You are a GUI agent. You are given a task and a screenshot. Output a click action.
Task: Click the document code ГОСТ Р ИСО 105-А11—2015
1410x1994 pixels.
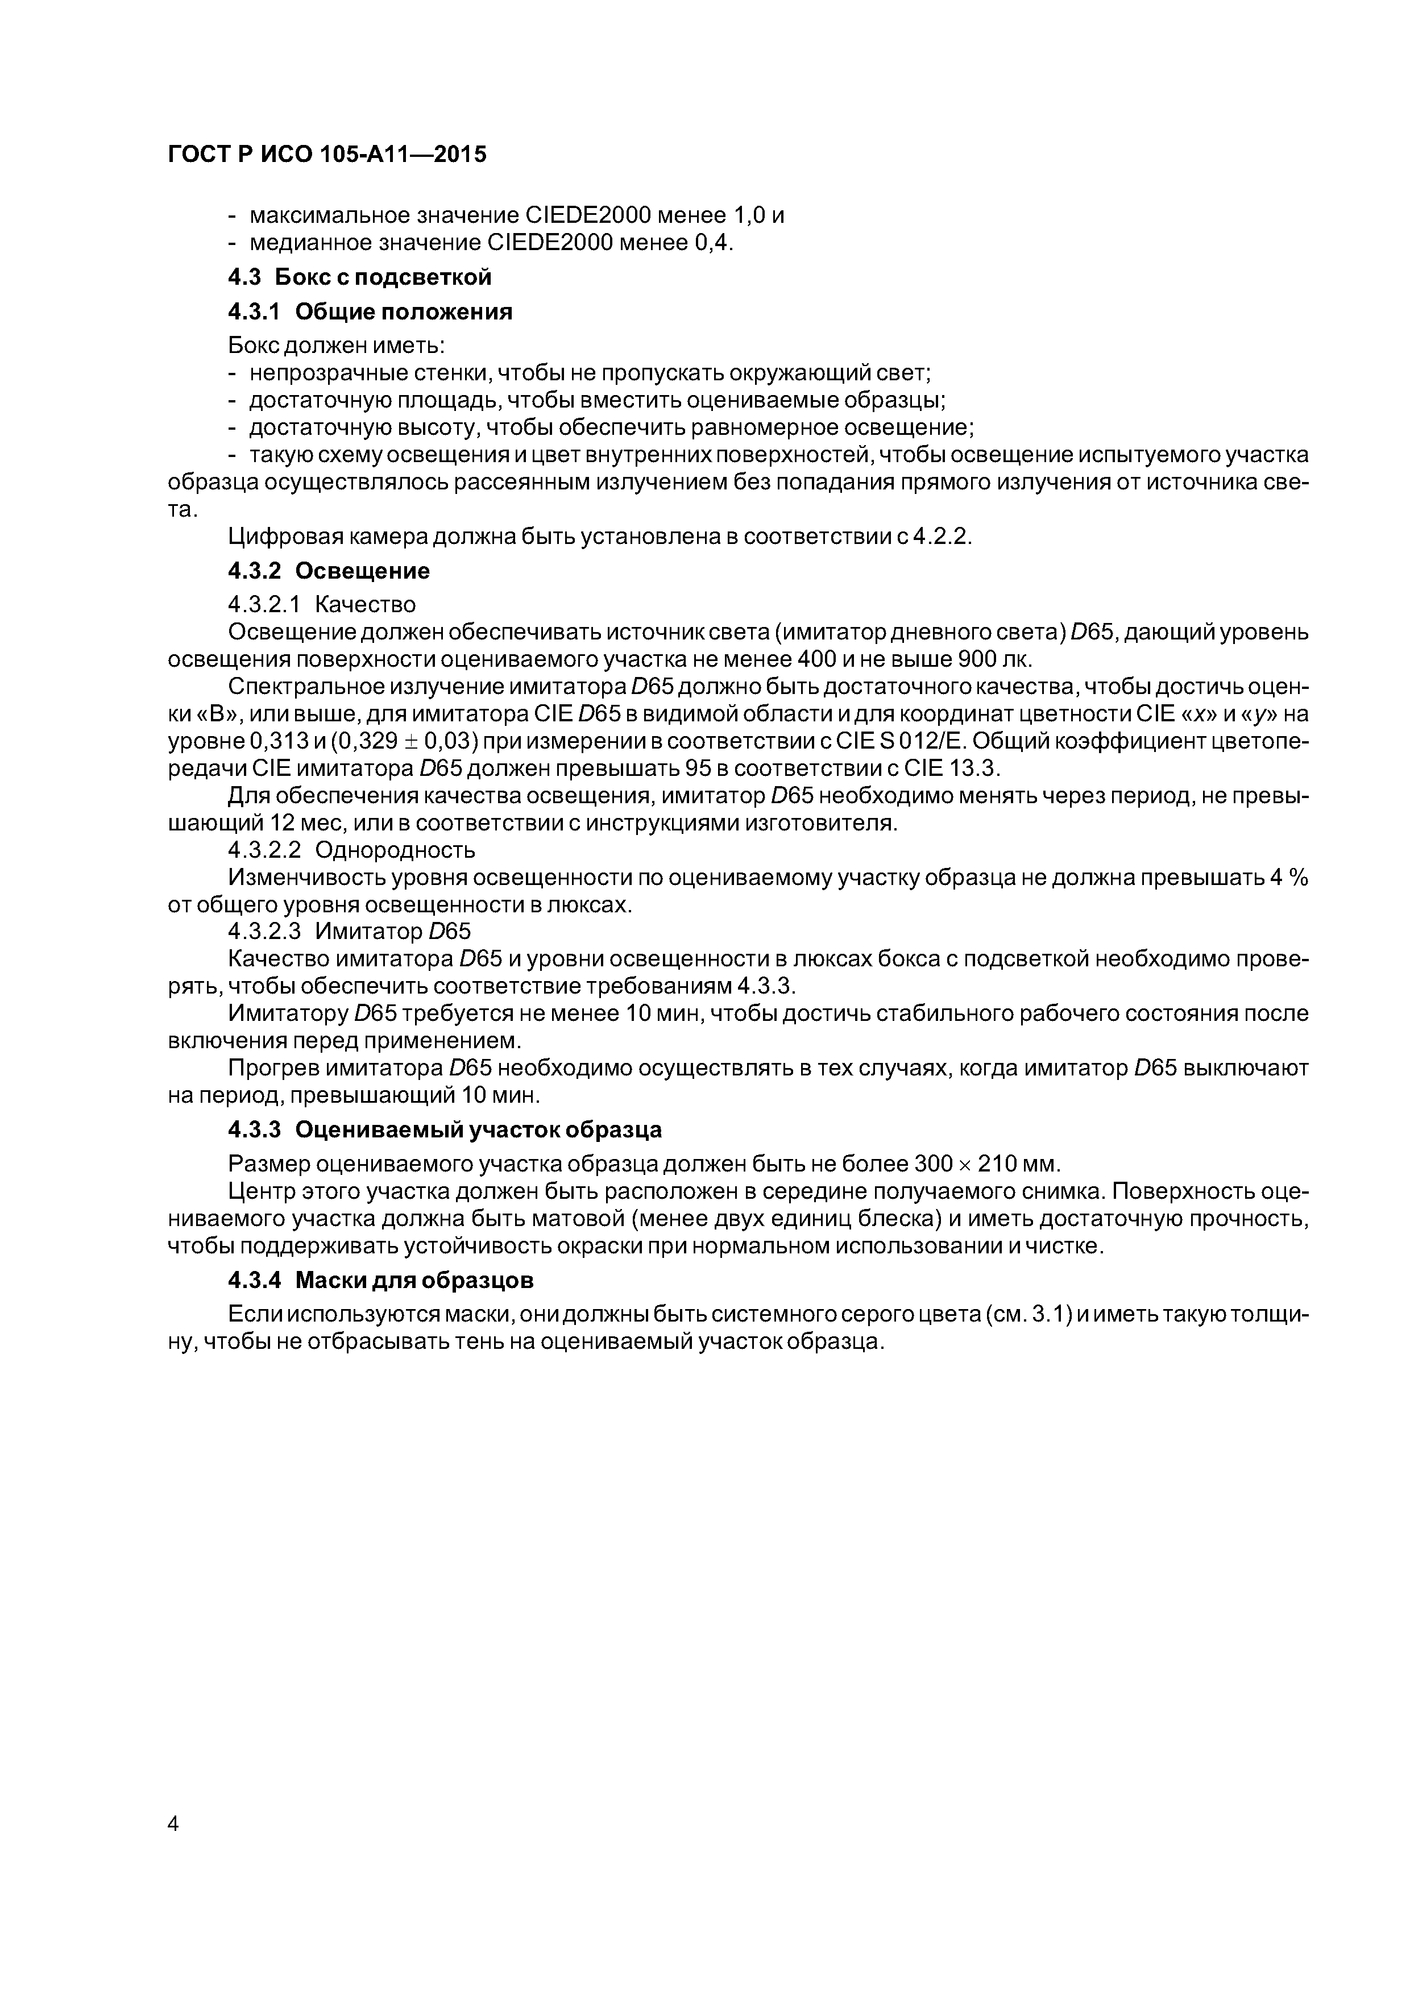point(327,155)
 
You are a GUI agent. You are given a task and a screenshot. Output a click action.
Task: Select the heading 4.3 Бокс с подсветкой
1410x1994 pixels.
point(360,277)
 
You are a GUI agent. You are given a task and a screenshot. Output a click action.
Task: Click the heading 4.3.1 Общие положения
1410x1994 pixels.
point(370,312)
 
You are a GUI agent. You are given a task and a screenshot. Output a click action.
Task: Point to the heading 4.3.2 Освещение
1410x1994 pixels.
point(329,571)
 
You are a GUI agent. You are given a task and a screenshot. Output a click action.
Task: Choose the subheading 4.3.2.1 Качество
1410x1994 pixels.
point(321,604)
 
